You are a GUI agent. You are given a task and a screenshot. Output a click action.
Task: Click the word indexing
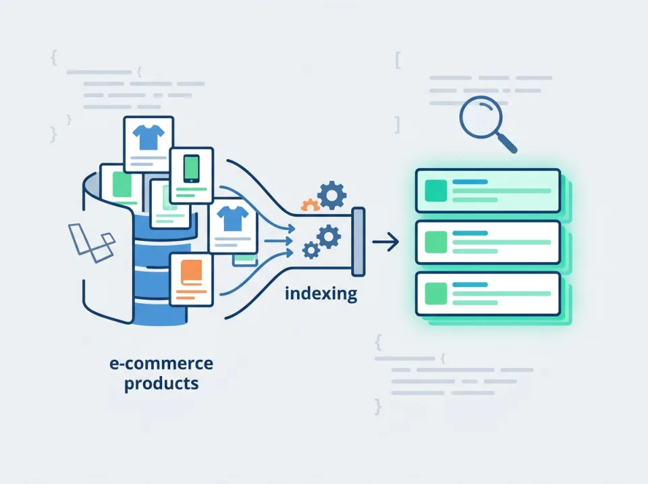[x=321, y=294]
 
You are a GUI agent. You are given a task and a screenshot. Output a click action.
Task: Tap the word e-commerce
[x=161, y=363]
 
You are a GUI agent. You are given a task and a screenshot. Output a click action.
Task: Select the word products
[x=161, y=383]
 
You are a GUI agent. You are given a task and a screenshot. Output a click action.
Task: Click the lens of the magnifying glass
[x=481, y=117]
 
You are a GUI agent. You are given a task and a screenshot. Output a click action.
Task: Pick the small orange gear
[x=310, y=205]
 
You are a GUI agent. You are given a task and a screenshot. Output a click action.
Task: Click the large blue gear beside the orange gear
[x=332, y=195]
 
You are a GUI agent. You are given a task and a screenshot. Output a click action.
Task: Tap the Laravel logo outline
[x=92, y=243]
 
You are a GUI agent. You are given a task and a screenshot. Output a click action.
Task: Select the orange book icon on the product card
[x=191, y=273]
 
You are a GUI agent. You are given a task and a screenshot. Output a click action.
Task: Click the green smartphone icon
[x=191, y=169]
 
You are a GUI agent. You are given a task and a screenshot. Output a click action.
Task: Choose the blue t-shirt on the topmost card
[x=148, y=137]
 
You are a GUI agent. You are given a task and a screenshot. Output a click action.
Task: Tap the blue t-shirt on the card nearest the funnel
[x=233, y=219]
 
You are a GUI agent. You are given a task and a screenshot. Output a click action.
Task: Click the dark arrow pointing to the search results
[x=385, y=242]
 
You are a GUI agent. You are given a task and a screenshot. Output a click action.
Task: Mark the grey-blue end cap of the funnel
[x=358, y=242]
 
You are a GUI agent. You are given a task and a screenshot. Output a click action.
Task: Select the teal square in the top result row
[x=436, y=190]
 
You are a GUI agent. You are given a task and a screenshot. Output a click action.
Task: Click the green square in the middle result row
[x=436, y=242]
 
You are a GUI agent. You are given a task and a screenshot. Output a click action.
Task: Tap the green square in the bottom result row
[x=436, y=294]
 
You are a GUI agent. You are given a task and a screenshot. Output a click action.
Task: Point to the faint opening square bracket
[x=398, y=60]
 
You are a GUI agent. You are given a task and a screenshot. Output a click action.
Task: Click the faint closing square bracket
[x=397, y=125]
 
